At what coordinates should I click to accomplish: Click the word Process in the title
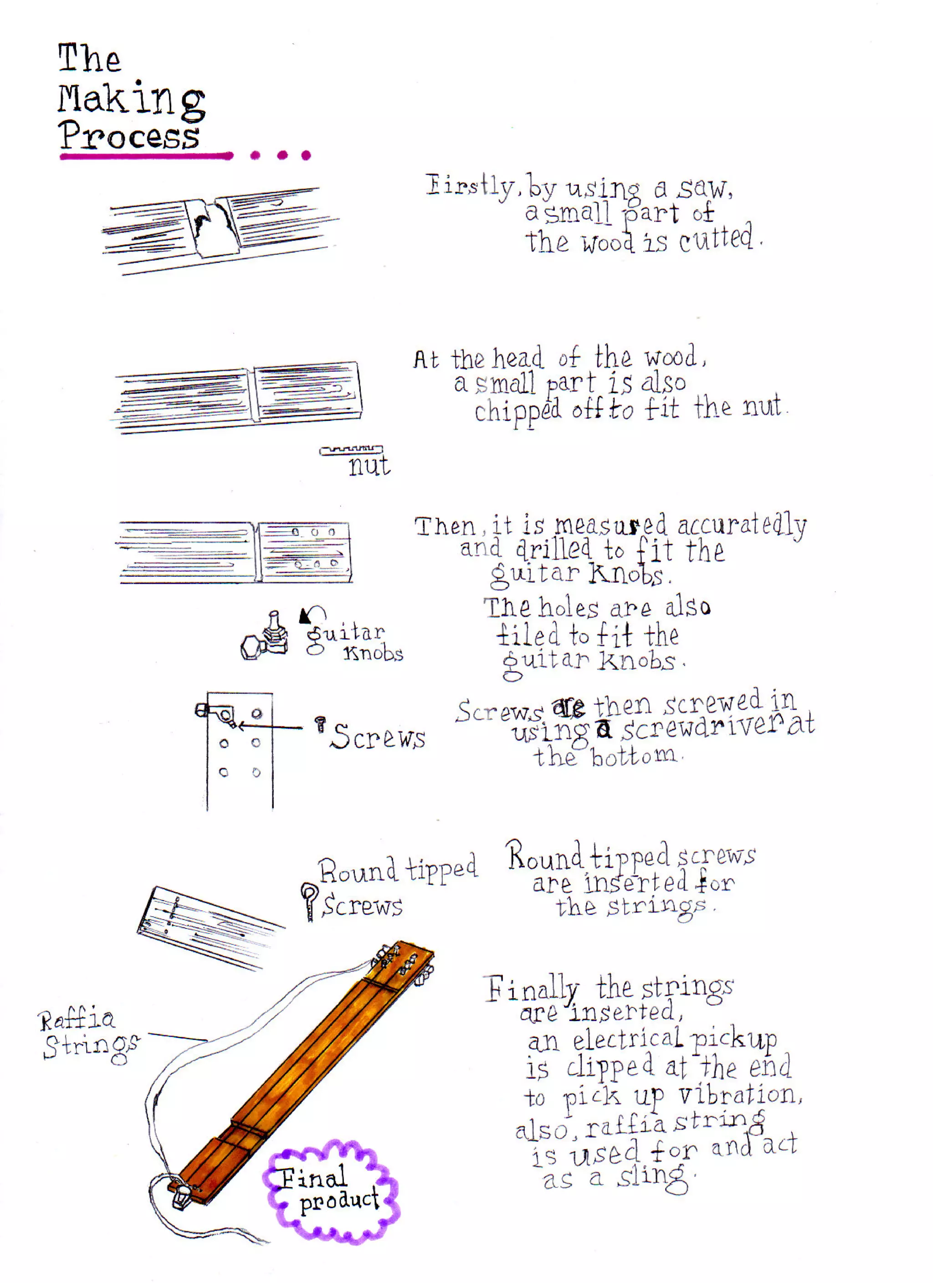(129, 136)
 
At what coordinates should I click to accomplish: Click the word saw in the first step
(704, 188)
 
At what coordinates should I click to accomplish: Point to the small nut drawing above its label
(351, 450)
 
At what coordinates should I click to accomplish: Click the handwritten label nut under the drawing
(369, 466)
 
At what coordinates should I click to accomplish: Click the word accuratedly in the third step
(741, 526)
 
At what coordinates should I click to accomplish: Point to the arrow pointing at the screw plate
(271, 726)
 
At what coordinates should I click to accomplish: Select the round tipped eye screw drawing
(309, 901)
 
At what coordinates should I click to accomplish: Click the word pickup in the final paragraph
(734, 1040)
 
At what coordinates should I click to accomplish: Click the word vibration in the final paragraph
(738, 1095)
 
